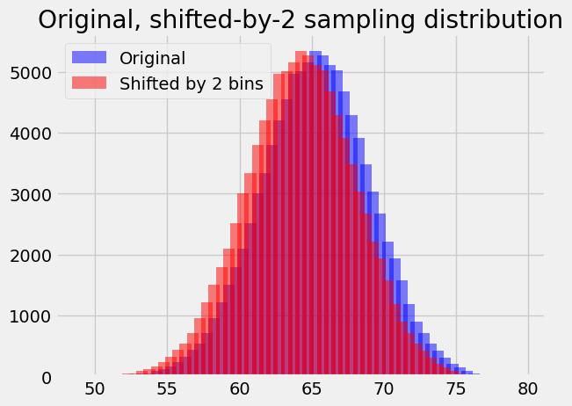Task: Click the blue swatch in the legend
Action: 91,59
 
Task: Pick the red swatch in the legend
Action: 91,83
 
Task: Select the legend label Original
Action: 153,59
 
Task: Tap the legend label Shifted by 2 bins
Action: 191,83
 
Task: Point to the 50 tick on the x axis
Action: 95,388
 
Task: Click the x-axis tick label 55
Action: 168,388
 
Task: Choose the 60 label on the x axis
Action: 240,388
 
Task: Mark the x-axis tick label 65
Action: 312,388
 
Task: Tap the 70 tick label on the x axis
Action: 384,388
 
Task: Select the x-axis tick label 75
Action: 456,388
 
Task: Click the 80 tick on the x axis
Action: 528,388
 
